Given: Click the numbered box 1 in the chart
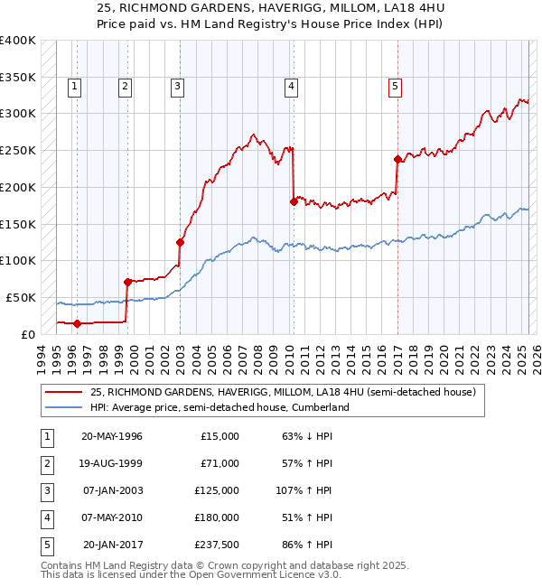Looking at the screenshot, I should pyautogui.click(x=73, y=87).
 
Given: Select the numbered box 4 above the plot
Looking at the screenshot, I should pyautogui.click(x=292, y=87).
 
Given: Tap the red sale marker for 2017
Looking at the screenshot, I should pyautogui.click(x=397, y=159).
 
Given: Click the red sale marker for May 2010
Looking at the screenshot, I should pyautogui.click(x=294, y=201).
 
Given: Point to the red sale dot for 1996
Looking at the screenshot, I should pyautogui.click(x=77, y=322).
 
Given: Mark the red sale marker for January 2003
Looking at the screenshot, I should pyautogui.click(x=180, y=242).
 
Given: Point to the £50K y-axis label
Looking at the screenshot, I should pyautogui.click(x=21, y=297).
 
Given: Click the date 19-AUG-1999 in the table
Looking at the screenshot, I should pyautogui.click(x=112, y=463).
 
